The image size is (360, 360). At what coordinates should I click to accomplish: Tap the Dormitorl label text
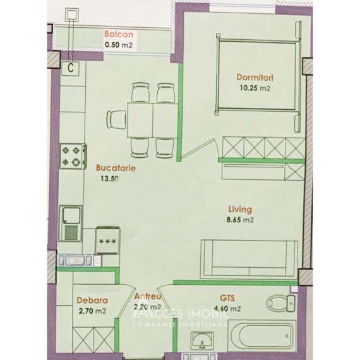[x=254, y=78]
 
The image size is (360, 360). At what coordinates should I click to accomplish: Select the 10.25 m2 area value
[x=254, y=88]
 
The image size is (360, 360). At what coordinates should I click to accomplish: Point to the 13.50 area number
[x=109, y=179]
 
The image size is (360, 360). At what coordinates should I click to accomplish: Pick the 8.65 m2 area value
[x=241, y=220]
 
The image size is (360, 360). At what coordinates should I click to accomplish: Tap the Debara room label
[x=92, y=301]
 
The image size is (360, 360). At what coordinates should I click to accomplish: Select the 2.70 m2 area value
[x=92, y=311]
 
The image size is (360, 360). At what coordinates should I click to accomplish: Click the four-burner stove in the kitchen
[x=73, y=156]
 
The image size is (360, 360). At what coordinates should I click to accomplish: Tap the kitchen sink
[x=71, y=219]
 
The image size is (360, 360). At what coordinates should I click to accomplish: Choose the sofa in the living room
[x=246, y=258]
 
